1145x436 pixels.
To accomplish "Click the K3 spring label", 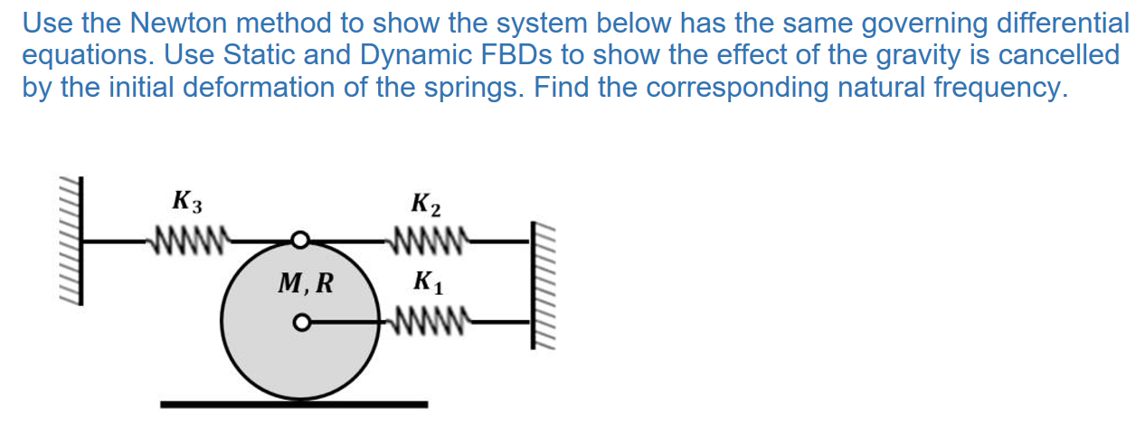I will pyautogui.click(x=186, y=202).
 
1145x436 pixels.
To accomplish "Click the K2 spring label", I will pyautogui.click(x=425, y=205).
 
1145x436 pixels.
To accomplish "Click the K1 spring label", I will pyautogui.click(x=425, y=282).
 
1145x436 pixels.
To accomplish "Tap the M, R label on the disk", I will pyautogui.click(x=305, y=284).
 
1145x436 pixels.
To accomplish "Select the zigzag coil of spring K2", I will pyautogui.click(x=426, y=241).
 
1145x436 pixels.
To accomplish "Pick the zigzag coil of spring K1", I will pyautogui.click(x=426, y=321).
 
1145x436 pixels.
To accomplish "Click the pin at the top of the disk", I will pyautogui.click(x=300, y=241).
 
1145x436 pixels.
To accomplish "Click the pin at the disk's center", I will pyautogui.click(x=300, y=321).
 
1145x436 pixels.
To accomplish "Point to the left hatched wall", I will pyautogui.click(x=71, y=242).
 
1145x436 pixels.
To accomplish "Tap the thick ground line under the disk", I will pyautogui.click(x=294, y=403).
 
